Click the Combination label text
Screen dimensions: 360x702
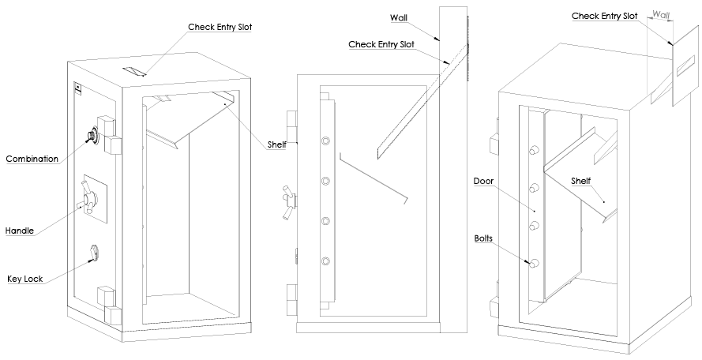(32, 159)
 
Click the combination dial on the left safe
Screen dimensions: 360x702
(92, 138)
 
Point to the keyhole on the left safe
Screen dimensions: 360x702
(95, 253)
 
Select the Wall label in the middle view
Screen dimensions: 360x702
(400, 17)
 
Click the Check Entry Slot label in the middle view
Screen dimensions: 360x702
(383, 44)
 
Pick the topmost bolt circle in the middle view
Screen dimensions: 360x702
(325, 141)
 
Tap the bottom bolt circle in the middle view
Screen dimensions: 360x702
(325, 261)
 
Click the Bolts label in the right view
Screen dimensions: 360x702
(483, 237)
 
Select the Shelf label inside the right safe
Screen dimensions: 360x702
(581, 181)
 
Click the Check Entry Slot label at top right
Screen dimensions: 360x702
(604, 16)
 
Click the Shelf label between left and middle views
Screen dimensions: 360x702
(276, 144)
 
